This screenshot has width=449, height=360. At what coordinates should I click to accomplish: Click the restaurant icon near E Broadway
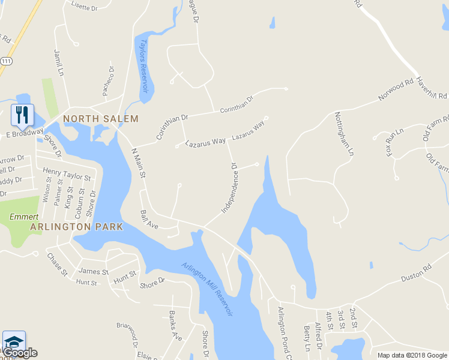pos(22,114)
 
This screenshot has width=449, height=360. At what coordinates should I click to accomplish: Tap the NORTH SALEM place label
pos(101,119)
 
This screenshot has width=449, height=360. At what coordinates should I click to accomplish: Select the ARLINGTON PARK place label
pos(76,227)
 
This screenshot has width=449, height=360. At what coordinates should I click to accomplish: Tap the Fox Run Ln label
pos(394,140)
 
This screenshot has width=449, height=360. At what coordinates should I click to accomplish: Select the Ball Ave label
pos(148,220)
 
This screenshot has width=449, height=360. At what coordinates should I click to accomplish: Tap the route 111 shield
pos(5,61)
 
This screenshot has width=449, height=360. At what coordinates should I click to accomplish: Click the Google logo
pos(19,353)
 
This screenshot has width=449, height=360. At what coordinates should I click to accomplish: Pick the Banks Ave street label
pos(175,325)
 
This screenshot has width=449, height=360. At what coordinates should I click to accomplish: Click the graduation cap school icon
pos(14,340)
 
